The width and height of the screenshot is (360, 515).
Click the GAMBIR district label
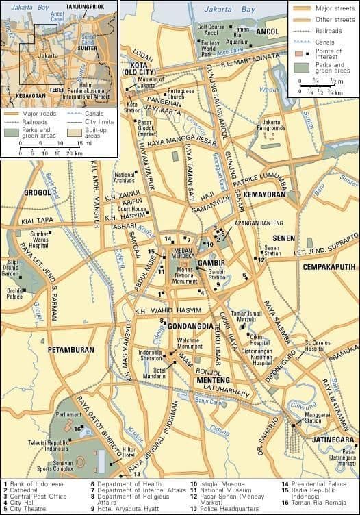point(207,262)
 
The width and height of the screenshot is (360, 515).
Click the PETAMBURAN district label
point(72,350)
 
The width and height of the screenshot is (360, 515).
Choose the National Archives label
point(125,178)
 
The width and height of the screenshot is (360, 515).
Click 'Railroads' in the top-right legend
point(329,32)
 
